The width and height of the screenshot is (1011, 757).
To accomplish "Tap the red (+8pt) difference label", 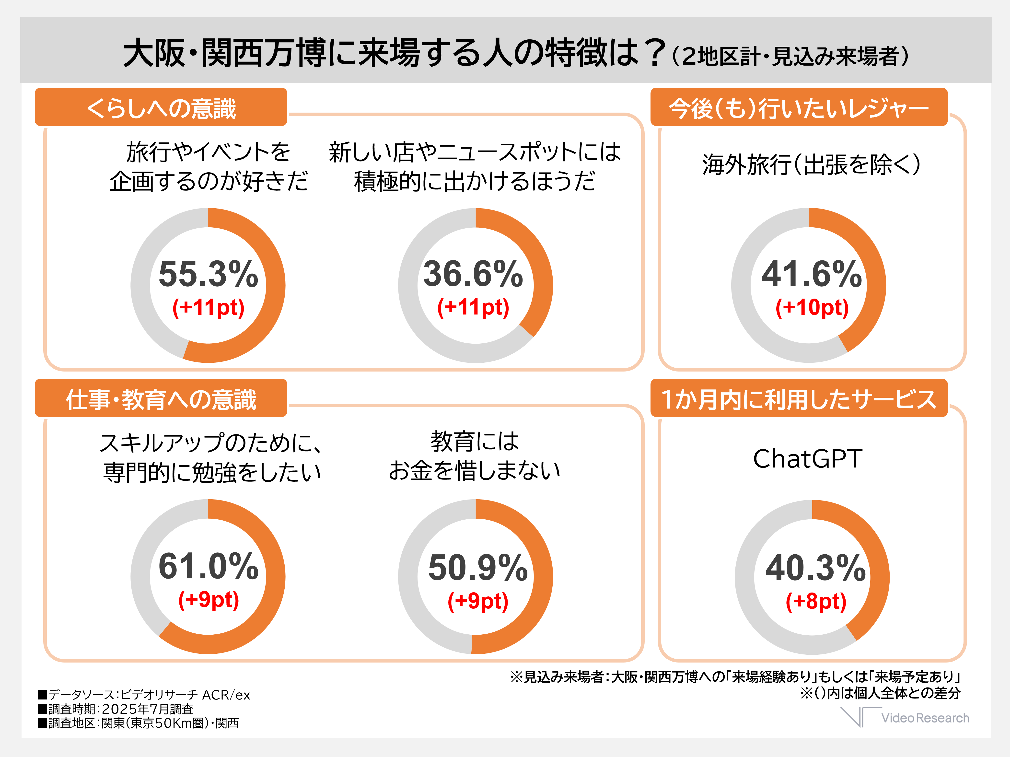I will (x=816, y=601).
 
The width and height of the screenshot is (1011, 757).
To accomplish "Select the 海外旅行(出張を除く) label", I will (x=811, y=164).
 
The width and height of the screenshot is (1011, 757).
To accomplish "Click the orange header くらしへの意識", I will (x=161, y=108).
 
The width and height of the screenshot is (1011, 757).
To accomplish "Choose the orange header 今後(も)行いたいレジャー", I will (x=799, y=108).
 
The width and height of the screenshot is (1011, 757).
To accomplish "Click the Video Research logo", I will (x=905, y=717).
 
